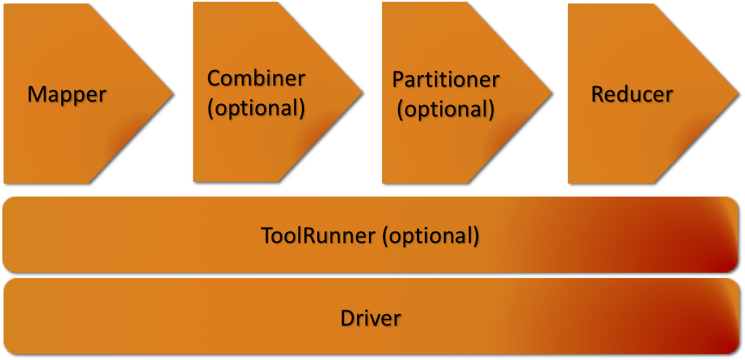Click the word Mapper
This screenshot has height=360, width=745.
pos(67,95)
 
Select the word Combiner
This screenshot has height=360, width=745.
pos(256,78)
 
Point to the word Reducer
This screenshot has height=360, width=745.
pos(632,94)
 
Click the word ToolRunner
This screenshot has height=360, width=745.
pos(318,236)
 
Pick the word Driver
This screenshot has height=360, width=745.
pos(371,318)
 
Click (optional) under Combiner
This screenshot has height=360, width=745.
pos(256,108)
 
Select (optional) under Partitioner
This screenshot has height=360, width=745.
pos(446,109)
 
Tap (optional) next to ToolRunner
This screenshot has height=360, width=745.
pos(431,236)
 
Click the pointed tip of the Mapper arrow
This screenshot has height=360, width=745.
pos(173,94)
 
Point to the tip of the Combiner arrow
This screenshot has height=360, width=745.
pos(362,92)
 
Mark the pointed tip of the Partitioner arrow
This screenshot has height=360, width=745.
pos(552,93)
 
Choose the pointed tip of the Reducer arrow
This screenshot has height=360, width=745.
pos(738,94)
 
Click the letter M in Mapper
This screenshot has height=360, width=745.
pos(36,94)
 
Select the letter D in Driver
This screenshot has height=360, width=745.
pos(348,318)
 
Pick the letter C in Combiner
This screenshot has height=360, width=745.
pos(214,78)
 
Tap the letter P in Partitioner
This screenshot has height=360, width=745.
pos(398,79)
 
